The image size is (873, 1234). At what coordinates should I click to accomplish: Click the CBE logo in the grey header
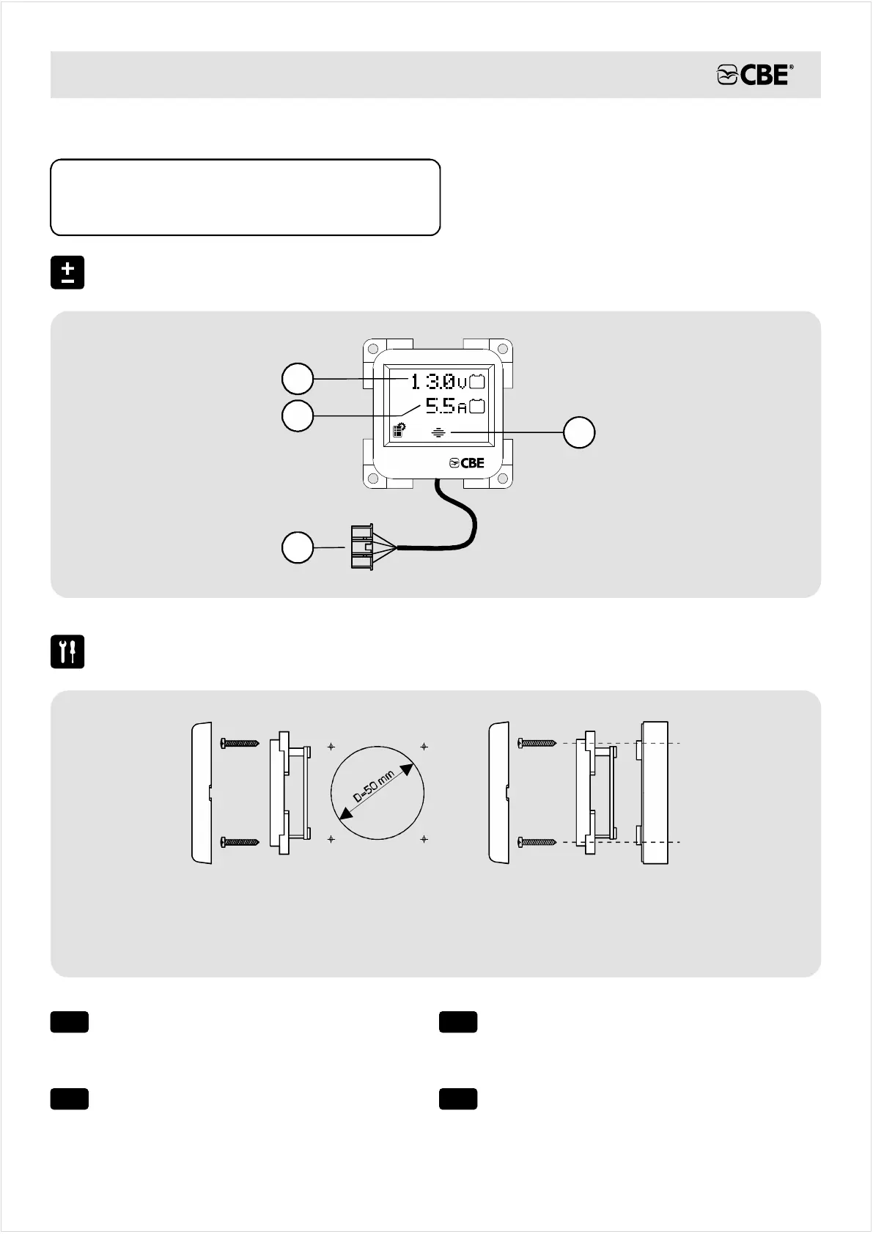click(x=754, y=75)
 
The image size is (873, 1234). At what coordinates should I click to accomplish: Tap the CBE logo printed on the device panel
click(x=467, y=463)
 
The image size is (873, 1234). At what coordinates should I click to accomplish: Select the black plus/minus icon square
click(x=67, y=273)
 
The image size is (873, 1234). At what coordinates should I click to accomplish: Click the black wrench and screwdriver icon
click(x=67, y=651)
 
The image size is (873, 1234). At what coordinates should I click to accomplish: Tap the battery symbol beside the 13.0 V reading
click(x=477, y=381)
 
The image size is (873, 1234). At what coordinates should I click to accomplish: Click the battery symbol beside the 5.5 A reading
click(x=477, y=405)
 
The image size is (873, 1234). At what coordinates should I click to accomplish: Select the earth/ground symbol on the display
click(x=438, y=432)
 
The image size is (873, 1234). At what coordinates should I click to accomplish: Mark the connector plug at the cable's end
click(x=363, y=547)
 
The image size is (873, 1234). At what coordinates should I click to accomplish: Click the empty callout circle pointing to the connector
click(x=298, y=548)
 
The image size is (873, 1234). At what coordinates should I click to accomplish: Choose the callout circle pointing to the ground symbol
click(x=579, y=433)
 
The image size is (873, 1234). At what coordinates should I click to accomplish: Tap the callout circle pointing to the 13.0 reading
click(x=298, y=379)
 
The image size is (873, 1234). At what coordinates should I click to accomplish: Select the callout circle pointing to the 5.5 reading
click(x=298, y=416)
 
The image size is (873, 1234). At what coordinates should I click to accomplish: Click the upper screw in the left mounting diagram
click(x=239, y=744)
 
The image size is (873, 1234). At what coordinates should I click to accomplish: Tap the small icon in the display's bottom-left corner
click(x=399, y=431)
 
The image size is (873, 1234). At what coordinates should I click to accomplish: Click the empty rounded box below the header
click(x=245, y=197)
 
